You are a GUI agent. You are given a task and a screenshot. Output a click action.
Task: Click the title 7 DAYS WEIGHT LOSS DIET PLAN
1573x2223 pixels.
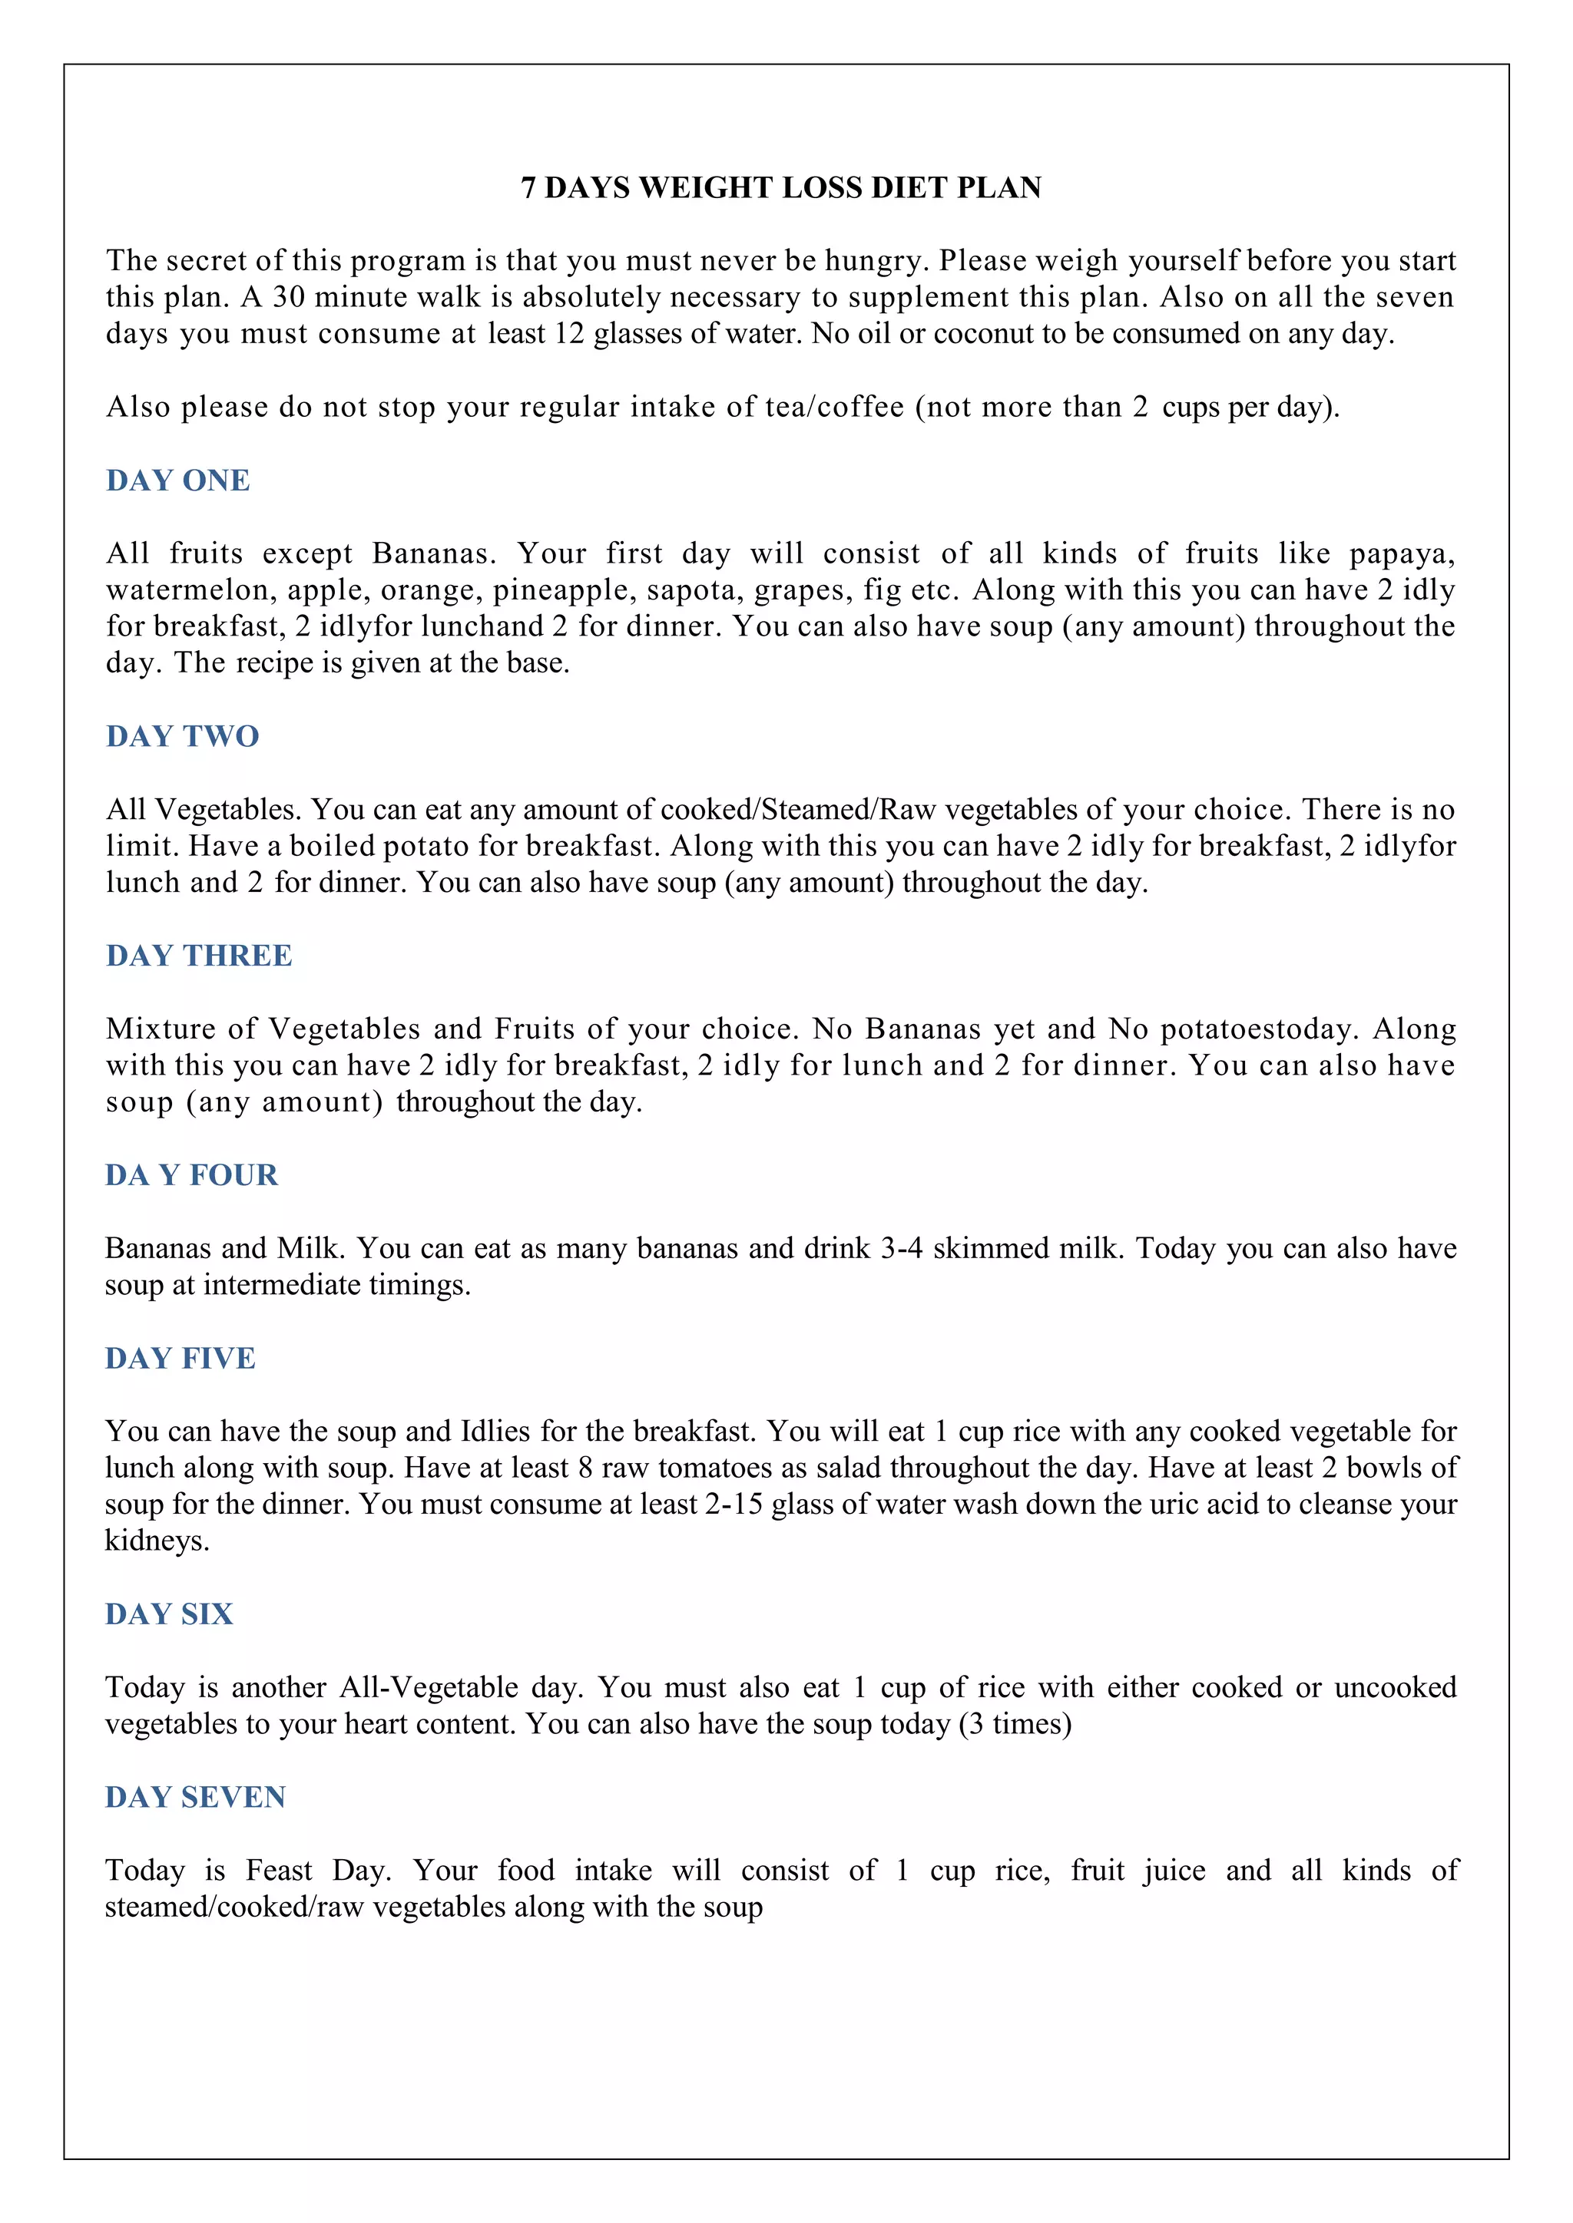pos(780,188)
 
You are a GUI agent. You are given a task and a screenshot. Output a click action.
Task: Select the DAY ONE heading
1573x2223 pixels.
pos(178,481)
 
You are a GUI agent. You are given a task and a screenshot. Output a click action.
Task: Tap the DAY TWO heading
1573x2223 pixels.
pos(183,736)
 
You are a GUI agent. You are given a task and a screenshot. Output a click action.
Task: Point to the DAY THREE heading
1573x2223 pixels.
pos(200,956)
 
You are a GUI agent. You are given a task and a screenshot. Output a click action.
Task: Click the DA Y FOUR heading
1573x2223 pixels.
pos(192,1174)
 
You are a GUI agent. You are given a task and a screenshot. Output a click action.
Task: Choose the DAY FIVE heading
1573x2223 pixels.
pos(180,1359)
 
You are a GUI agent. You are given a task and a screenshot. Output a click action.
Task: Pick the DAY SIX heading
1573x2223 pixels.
pos(170,1614)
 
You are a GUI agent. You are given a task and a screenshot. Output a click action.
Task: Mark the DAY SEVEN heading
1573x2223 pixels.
pos(196,1797)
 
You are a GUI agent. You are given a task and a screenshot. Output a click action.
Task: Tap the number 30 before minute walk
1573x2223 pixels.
pos(289,297)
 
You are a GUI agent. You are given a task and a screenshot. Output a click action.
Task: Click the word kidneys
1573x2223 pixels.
pos(156,1541)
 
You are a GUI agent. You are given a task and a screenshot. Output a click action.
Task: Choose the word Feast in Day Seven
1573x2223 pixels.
pos(279,1871)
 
